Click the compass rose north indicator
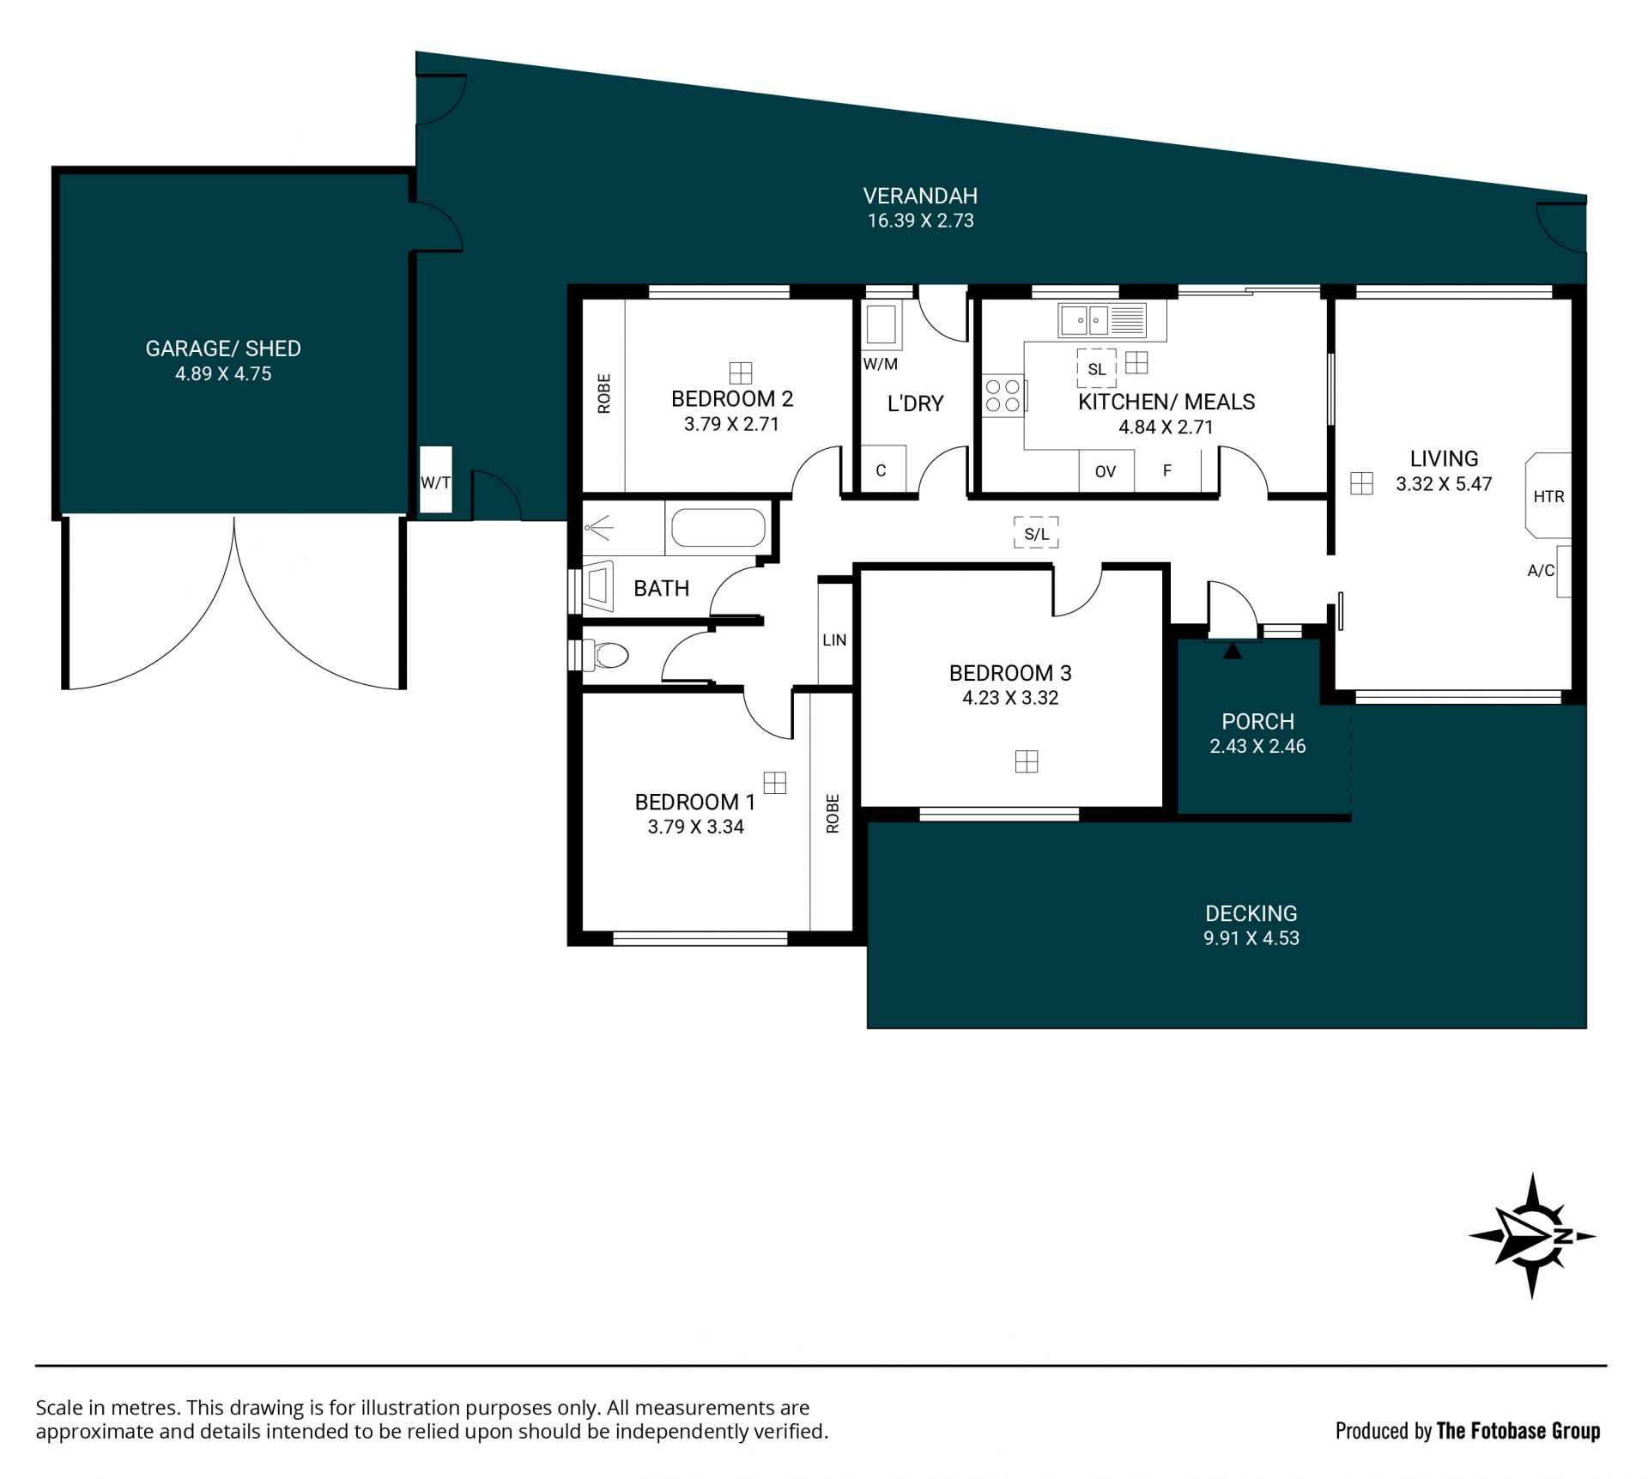(1532, 1235)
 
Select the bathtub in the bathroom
(718, 528)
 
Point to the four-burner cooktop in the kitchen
(1003, 396)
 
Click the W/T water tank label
(435, 482)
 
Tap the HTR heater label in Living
(1548, 496)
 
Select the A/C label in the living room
(1541, 570)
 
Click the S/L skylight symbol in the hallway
(1036, 533)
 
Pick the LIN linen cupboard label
(834, 640)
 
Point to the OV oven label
(1106, 471)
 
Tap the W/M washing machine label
(881, 364)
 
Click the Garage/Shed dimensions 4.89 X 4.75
(223, 373)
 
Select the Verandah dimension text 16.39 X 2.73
(920, 221)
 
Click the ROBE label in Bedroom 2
(604, 393)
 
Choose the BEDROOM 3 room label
(1010, 673)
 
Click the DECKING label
(1251, 913)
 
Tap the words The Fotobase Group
(1518, 1431)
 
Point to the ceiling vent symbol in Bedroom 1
(775, 783)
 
